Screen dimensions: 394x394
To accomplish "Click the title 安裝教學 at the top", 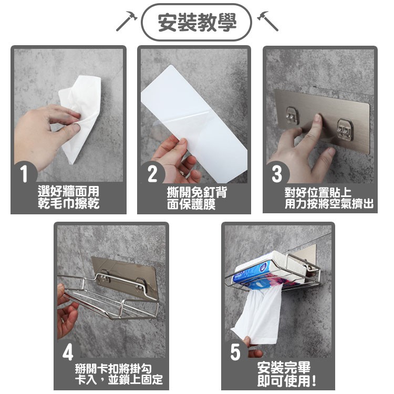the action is point(197,22).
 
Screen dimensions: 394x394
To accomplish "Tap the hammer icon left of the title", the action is point(127,21).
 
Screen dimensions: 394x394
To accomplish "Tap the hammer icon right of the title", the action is point(268,21).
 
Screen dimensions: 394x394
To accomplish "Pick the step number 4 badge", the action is point(68,352).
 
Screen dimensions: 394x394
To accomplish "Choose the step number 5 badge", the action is point(235,352).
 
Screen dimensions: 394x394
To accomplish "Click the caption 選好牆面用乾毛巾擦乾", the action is point(69,198).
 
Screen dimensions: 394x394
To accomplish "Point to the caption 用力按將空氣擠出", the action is point(329,204).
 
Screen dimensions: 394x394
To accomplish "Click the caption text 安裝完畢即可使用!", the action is point(286,375).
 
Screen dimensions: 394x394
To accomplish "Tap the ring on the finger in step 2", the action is point(183,173).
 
